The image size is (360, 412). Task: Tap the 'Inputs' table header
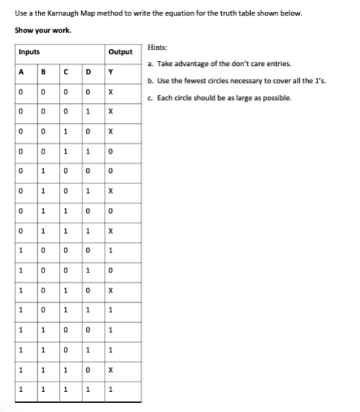[x=30, y=53]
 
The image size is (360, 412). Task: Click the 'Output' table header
[x=120, y=53]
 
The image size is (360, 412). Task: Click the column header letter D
[x=88, y=73]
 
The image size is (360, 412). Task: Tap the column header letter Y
[x=110, y=73]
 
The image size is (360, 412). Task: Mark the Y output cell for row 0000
[x=110, y=92]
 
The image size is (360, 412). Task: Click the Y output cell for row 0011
[x=110, y=151]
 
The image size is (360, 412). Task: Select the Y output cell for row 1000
[x=110, y=250]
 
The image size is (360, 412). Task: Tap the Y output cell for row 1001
[x=110, y=270]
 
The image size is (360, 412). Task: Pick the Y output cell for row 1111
[x=110, y=388]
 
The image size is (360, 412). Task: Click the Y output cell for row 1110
[x=110, y=369]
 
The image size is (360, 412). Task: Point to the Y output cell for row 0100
[x=110, y=171]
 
